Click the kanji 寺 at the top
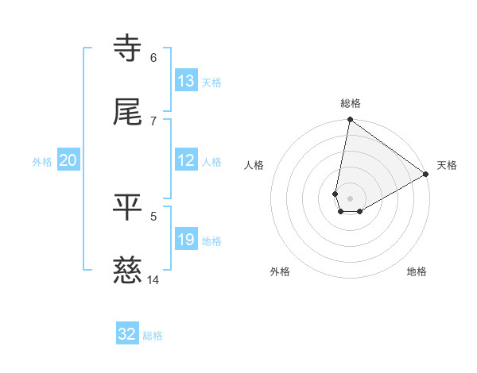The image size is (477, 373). pos(128,49)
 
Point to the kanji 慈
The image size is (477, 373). pos(128,271)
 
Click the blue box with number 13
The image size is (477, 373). pos(186,81)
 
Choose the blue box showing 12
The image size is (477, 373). pos(186,160)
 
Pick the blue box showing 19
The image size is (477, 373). pos(186,240)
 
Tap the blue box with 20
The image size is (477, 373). pos(68,160)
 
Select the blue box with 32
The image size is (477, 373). pos(127,334)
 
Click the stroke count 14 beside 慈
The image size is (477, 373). pos(153,279)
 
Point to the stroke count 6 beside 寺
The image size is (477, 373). pos(153,58)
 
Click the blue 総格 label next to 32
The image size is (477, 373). pos(153,336)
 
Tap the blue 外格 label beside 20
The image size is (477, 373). pos(42,162)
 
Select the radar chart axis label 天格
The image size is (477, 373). pos(447,165)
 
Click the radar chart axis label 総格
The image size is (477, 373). pos(351,103)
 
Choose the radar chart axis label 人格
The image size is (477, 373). pos(254,165)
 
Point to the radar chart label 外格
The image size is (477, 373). pos(280,271)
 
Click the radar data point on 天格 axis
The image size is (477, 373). pos(427,175)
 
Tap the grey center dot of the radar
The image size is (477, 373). pos(351,198)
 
